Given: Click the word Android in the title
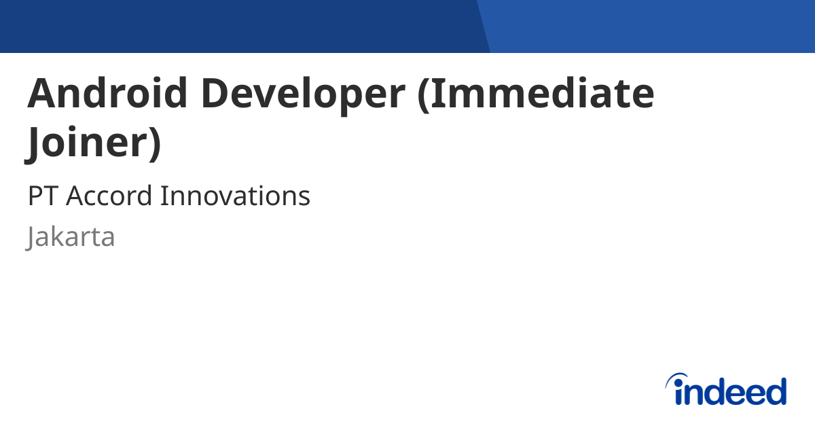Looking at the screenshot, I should [x=107, y=93].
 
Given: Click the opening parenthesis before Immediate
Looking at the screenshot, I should [x=422, y=94].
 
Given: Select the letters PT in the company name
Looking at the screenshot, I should [x=42, y=196].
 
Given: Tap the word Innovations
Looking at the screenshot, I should [x=235, y=196].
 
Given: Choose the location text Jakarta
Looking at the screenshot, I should [x=71, y=237].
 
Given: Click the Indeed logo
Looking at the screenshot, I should [x=725, y=390].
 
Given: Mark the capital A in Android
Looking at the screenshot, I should [x=41, y=93].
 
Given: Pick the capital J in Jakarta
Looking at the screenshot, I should [x=31, y=238].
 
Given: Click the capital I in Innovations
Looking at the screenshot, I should [x=163, y=196].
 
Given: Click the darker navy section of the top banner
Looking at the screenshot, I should [x=238, y=26].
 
